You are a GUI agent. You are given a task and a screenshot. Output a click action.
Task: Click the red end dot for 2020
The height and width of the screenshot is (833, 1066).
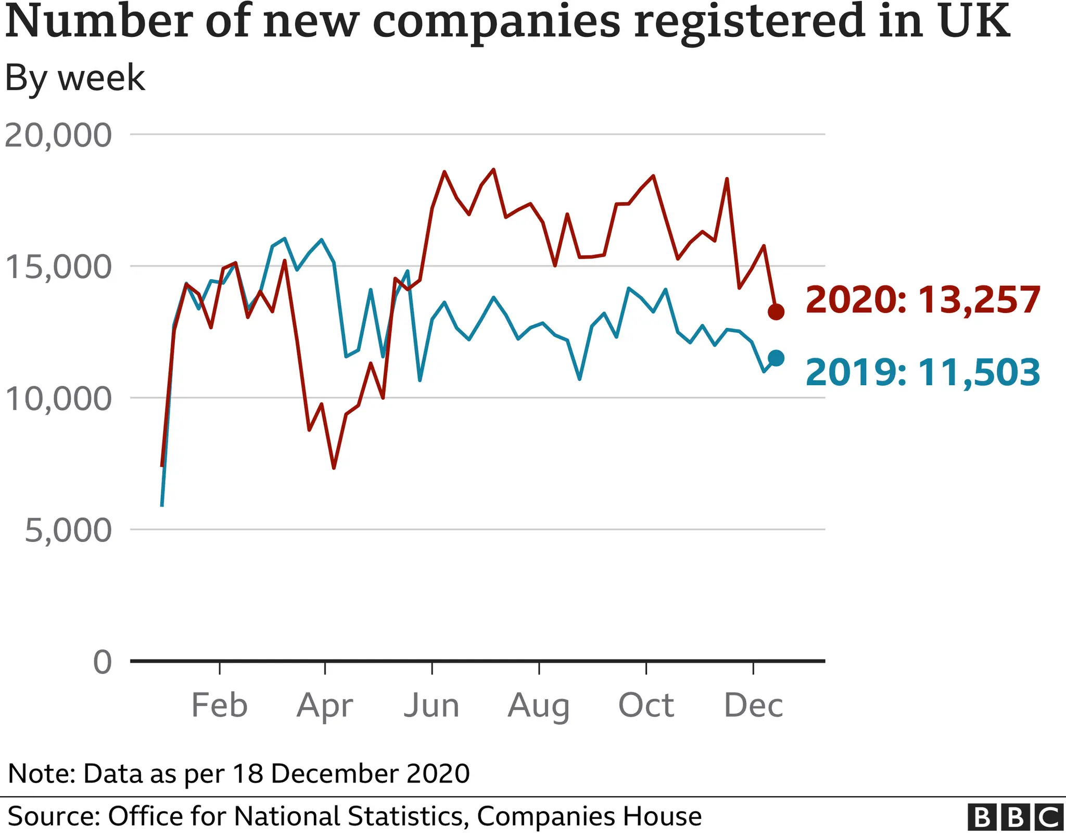(x=776, y=312)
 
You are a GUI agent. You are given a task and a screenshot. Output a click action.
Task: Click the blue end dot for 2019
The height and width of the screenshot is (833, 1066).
(x=776, y=358)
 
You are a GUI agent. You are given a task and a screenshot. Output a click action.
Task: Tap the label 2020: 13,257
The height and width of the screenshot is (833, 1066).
(x=922, y=300)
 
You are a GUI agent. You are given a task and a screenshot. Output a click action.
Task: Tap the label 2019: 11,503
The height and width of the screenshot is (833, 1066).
(x=922, y=373)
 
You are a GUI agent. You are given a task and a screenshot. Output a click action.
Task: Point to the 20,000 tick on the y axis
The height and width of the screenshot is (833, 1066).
(x=58, y=135)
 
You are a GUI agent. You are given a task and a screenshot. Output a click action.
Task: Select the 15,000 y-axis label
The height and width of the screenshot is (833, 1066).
(x=58, y=267)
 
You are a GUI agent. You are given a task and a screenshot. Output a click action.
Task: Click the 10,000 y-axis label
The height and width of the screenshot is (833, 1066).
(x=58, y=399)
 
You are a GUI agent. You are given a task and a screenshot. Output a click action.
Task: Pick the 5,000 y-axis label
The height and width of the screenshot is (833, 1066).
(x=68, y=531)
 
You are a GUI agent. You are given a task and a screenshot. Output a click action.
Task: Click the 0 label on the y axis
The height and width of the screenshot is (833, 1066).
(x=103, y=662)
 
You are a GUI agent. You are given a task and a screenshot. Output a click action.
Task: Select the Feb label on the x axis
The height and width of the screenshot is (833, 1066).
(x=219, y=705)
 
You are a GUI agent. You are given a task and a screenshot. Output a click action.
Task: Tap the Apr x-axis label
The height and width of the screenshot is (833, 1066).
(x=325, y=706)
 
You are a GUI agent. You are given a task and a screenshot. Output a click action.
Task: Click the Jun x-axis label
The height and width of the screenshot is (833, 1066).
(x=432, y=705)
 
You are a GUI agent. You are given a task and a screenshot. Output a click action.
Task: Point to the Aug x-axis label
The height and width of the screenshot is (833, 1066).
(x=539, y=706)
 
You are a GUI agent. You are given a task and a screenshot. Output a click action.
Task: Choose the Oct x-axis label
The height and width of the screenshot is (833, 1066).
(x=646, y=705)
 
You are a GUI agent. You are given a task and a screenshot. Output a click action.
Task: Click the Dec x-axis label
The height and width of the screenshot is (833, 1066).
(x=753, y=705)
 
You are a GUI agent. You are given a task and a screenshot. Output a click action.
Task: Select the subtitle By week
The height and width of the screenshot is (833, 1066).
(x=75, y=78)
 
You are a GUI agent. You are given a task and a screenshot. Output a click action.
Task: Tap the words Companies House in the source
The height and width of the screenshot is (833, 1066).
(x=589, y=816)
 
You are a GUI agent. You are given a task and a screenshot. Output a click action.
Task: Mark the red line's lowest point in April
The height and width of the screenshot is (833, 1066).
(x=334, y=468)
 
